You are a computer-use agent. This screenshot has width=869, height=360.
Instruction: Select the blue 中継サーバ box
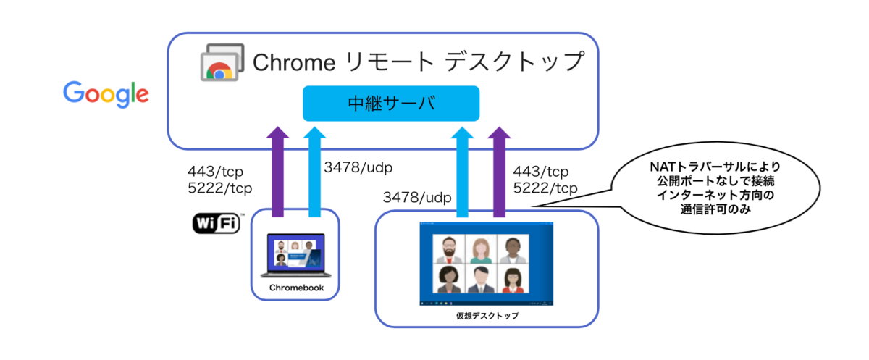(391, 103)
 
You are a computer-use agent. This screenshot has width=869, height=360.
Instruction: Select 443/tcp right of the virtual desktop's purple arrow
(540, 172)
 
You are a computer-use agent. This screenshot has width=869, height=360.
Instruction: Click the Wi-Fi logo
(217, 224)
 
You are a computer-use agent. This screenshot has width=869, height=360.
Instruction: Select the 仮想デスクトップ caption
(486, 317)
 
